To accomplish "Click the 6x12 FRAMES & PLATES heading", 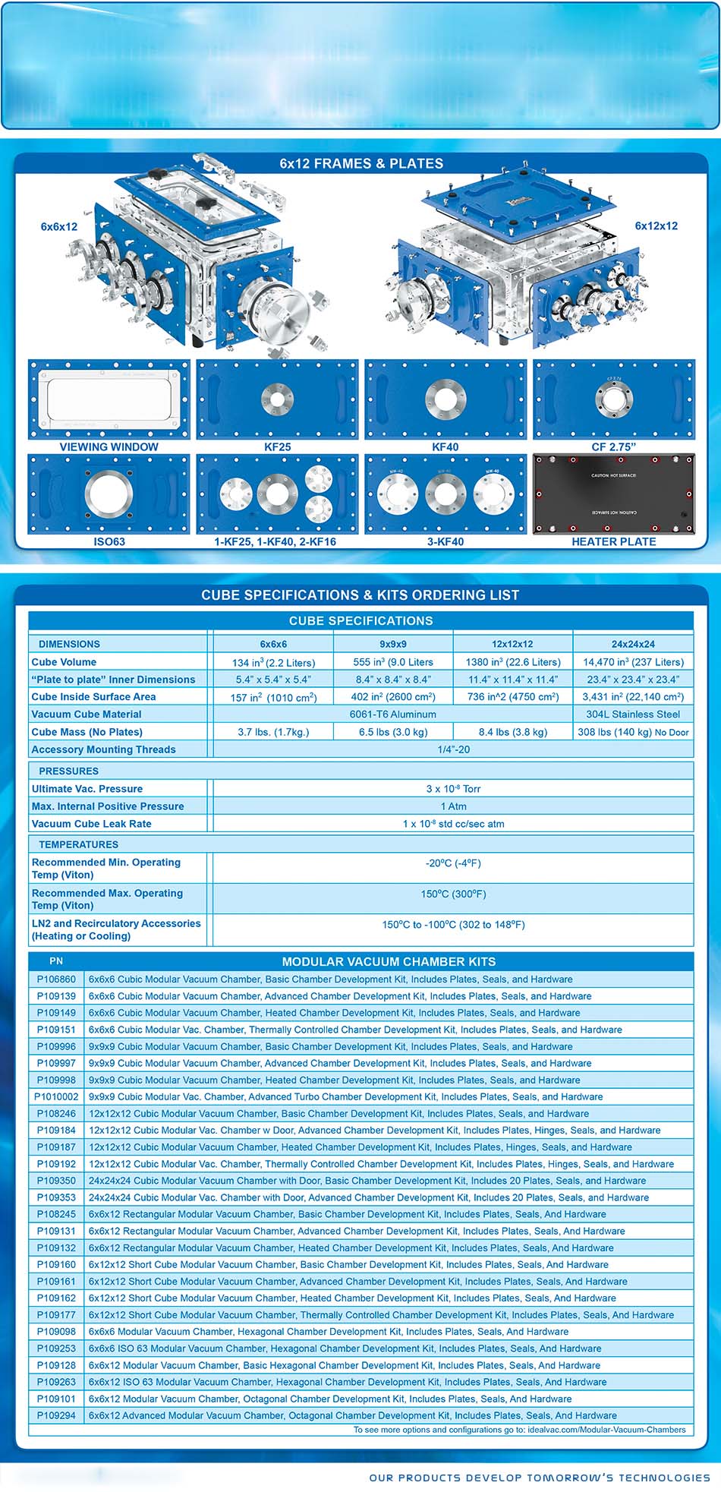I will click(361, 163).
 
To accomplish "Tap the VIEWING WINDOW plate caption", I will click(109, 446).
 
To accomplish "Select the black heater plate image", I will click(613, 494).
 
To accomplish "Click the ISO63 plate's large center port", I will click(109, 494).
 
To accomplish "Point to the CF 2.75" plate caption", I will click(613, 446).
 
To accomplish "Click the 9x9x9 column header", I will click(393, 644).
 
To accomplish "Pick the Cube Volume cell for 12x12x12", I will click(513, 662).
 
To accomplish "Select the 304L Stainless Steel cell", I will click(633, 714).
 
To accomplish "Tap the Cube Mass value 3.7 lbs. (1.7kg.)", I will click(273, 732).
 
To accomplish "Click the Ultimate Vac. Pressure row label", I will click(87, 789).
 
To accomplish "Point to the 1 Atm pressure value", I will click(453, 806).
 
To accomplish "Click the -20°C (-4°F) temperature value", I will click(453, 863).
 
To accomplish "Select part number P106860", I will click(56, 979).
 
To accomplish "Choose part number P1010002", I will click(56, 1096).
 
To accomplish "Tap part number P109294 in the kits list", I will click(56, 1415).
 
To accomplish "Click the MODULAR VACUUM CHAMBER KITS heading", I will click(389, 961).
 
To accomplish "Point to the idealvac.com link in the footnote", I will click(606, 1430).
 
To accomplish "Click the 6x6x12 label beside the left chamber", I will click(59, 226).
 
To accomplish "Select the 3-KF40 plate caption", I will click(446, 541).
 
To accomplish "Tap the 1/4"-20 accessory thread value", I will click(453, 749).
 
